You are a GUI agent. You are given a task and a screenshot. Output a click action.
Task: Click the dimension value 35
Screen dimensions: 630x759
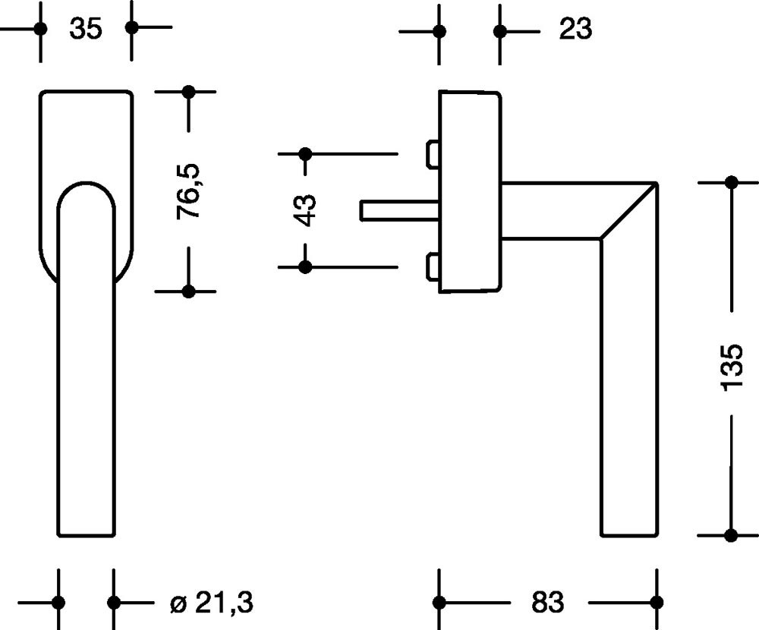[85, 30]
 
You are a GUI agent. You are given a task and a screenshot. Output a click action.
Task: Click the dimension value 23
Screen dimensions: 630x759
[575, 30]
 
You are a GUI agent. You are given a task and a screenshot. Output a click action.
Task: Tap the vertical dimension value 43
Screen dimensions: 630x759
[305, 210]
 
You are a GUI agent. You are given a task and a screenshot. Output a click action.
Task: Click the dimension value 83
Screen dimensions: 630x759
[547, 603]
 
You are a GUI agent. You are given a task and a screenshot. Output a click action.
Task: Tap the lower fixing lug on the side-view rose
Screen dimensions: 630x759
[432, 267]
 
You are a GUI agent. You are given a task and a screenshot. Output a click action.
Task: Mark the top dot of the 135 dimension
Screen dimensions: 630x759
[732, 182]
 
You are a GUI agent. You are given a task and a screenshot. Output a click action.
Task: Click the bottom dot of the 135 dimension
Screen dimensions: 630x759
[732, 535]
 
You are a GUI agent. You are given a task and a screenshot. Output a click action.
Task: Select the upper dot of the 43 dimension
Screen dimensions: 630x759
[305, 153]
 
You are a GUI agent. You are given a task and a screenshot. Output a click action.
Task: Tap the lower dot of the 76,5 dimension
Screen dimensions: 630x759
[189, 291]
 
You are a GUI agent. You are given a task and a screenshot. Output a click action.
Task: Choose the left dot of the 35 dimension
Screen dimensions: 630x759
[41, 29]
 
